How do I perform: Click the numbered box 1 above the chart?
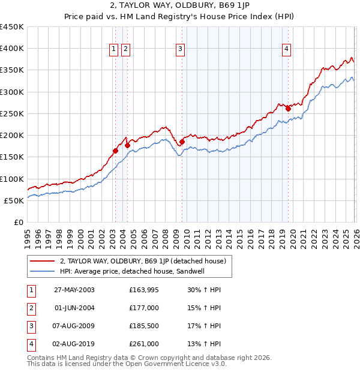pos(114,50)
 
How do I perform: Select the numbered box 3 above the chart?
pos(181,50)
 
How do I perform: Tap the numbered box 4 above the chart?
pos(287,50)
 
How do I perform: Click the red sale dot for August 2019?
pos(288,109)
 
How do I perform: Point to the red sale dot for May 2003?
pos(115,151)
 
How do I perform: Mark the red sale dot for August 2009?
pos(182,142)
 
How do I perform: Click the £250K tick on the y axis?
pos(12,113)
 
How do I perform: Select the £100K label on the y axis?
pos(12,179)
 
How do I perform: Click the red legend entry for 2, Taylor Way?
pos(143,261)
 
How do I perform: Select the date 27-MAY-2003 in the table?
pos(74,290)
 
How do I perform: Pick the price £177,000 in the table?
pos(143,308)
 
